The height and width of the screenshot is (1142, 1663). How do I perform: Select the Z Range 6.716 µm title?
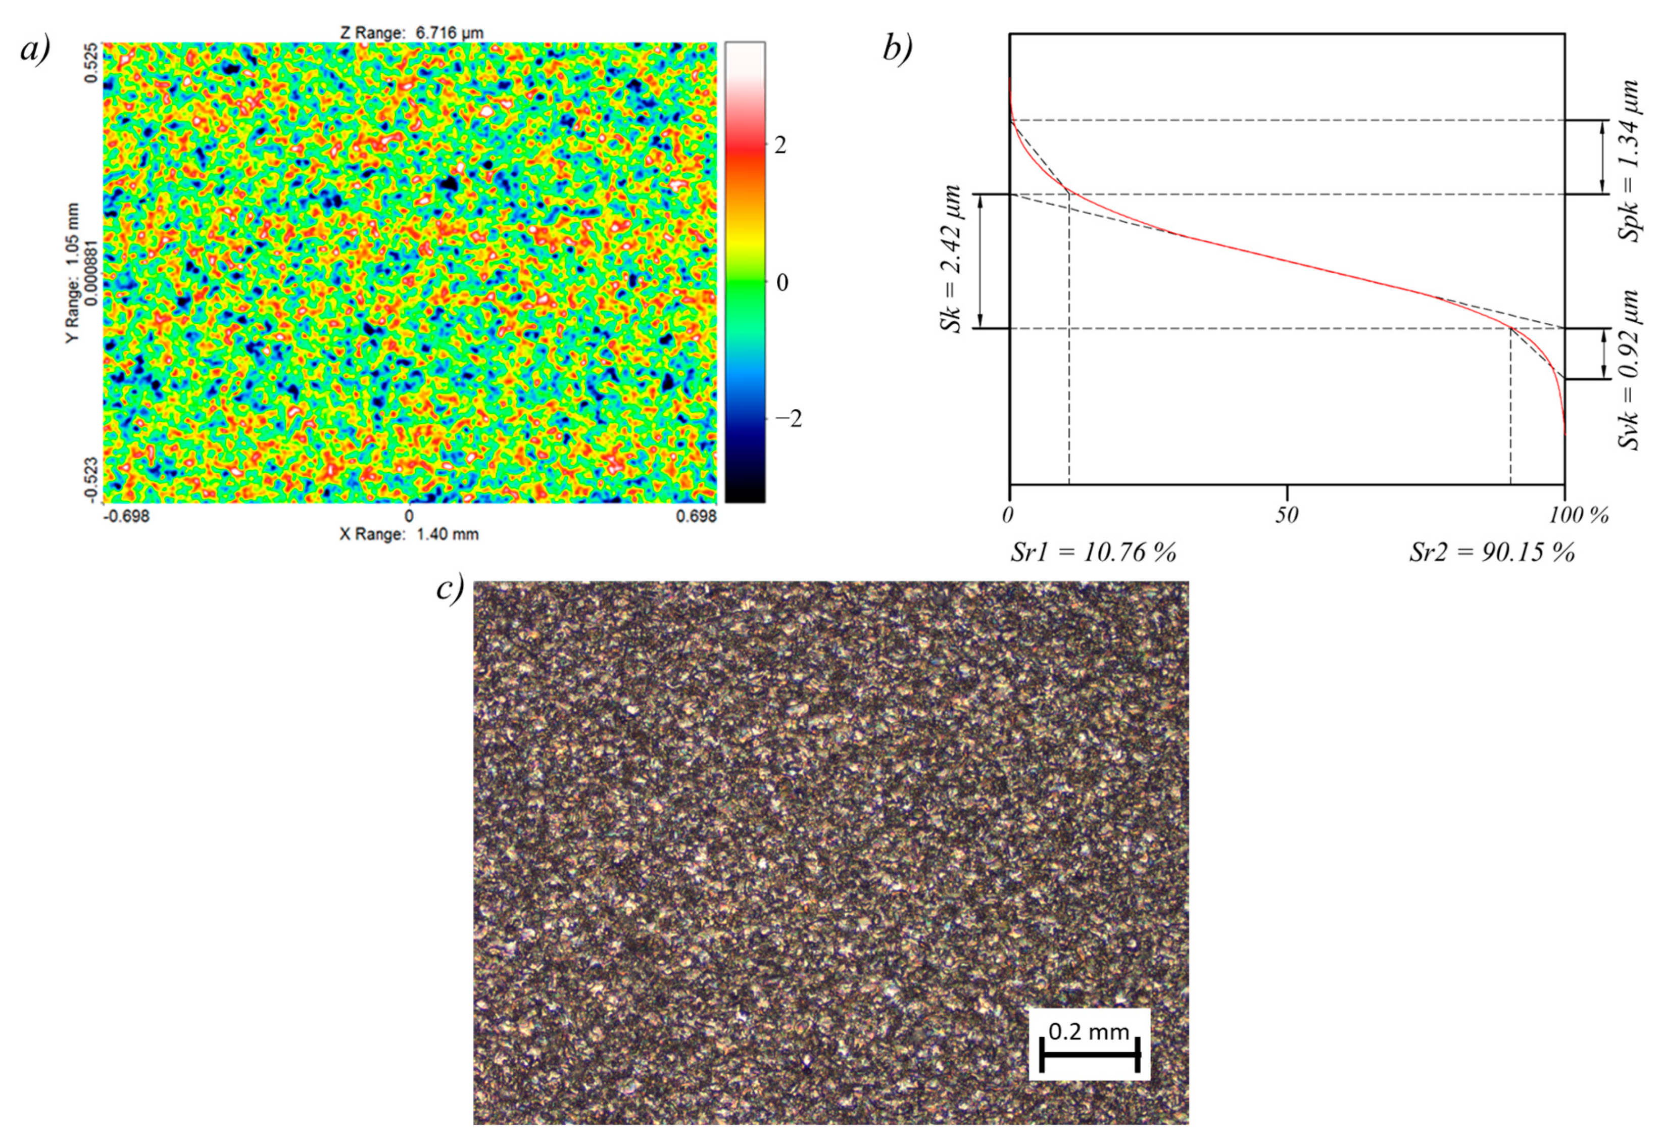(412, 32)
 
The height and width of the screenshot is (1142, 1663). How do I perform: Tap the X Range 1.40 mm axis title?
(409, 534)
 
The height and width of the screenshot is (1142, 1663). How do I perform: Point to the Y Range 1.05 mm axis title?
(72, 272)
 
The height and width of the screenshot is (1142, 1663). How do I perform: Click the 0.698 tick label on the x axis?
(696, 516)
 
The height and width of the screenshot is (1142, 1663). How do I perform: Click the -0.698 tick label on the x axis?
(127, 516)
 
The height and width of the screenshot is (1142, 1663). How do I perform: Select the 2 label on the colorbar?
(780, 146)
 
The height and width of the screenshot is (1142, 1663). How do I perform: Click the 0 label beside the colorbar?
(782, 283)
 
